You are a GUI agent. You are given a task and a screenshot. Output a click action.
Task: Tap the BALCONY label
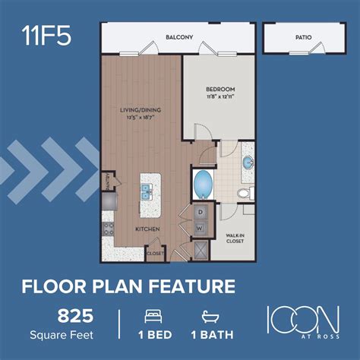click(x=179, y=36)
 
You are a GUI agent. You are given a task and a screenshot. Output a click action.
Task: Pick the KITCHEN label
click(x=147, y=227)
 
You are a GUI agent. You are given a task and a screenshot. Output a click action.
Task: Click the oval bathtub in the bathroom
click(x=204, y=183)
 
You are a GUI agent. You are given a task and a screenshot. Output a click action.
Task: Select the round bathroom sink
click(x=248, y=163)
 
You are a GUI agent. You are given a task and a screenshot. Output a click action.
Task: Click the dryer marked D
click(x=201, y=212)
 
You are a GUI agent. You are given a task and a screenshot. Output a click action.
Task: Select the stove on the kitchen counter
click(x=108, y=227)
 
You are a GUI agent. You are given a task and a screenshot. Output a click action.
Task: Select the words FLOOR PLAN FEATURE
click(x=128, y=286)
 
